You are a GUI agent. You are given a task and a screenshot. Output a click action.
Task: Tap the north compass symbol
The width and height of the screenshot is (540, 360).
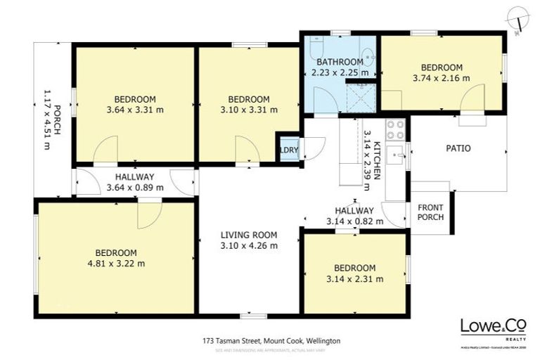point(519,18)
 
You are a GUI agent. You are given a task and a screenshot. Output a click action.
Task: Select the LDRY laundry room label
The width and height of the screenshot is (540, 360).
point(288,150)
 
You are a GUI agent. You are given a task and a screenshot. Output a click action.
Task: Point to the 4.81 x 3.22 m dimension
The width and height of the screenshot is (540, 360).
point(116,264)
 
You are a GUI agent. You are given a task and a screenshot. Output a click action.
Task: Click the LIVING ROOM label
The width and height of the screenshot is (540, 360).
point(249,235)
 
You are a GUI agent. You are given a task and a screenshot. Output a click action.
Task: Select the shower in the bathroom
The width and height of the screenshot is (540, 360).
point(361,98)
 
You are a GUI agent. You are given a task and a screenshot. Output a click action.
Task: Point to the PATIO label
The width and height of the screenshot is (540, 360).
point(458,148)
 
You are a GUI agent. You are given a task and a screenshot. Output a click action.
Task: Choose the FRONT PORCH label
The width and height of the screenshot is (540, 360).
point(430,212)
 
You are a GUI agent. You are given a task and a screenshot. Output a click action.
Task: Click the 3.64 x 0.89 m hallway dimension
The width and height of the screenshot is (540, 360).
point(135,188)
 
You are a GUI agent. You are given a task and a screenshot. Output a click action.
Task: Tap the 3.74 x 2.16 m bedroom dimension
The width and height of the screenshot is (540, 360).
point(442,78)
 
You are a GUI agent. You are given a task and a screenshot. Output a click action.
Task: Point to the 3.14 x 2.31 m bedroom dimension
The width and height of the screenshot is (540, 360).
point(354,278)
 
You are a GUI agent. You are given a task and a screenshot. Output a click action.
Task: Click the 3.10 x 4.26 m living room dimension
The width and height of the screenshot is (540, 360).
point(249,246)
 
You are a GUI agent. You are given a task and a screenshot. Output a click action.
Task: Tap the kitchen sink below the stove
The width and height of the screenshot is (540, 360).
point(395,155)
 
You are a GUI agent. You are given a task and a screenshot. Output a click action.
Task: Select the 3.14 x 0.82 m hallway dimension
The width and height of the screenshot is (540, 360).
point(354,221)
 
